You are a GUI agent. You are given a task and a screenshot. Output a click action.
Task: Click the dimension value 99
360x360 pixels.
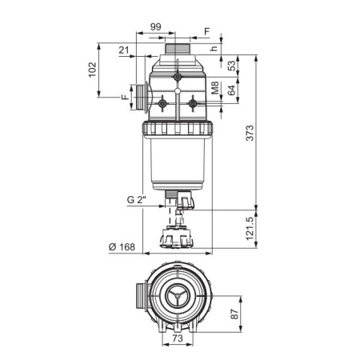tap(156, 27)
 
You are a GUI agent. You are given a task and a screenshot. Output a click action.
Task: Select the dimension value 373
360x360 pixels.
tap(250, 133)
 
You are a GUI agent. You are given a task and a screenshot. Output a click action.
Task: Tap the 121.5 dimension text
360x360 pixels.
tap(250, 229)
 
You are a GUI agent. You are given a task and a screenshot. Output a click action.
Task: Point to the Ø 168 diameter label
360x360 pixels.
tap(122, 247)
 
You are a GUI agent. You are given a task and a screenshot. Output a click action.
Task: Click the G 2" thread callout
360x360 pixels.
tap(137, 200)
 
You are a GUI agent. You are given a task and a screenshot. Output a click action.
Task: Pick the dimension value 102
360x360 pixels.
tap(92, 70)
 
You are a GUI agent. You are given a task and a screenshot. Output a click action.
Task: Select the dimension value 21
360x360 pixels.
tap(124, 50)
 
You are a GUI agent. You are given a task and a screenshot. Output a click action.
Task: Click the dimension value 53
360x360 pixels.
tap(231, 66)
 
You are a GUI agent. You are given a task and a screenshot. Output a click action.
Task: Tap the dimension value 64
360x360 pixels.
tap(231, 90)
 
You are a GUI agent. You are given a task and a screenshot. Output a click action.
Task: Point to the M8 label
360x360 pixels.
tap(215, 88)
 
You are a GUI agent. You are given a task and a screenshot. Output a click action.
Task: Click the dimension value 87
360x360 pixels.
tap(234, 314)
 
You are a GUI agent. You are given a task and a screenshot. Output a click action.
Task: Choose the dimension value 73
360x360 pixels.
tap(178, 338)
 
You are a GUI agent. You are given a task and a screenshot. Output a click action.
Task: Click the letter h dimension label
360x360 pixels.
tap(214, 48)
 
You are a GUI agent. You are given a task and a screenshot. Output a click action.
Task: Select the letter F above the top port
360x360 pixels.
tap(207, 31)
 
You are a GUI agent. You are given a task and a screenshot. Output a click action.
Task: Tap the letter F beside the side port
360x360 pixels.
tap(126, 97)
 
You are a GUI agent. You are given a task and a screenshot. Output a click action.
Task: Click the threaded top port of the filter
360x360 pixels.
tap(178, 49)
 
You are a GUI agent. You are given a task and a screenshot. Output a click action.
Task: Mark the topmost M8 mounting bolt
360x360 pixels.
tap(177, 77)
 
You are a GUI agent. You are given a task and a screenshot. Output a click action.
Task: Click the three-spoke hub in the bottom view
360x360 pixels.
tap(178, 296)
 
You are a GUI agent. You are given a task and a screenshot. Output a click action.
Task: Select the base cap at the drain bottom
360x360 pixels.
tap(177, 237)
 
